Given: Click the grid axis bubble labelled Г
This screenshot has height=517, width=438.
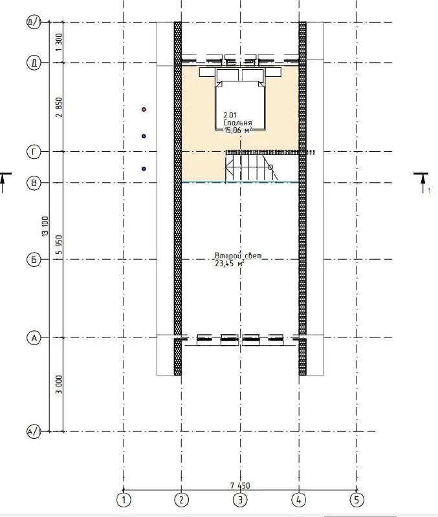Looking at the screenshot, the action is coord(34,152).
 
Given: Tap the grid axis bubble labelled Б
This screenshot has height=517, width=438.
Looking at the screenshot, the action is coord(34,260).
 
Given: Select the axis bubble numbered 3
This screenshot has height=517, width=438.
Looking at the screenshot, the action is coord(240,500).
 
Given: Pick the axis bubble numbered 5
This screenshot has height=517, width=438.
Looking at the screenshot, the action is coord(356,500).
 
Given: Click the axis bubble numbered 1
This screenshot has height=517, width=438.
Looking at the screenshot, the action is coord(124,500).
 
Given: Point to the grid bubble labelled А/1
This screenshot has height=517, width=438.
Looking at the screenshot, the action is coord(34,431).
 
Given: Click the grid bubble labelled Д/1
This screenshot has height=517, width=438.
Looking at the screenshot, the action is coord(34,23).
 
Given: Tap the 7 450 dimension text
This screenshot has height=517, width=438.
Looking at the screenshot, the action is coord(240,485).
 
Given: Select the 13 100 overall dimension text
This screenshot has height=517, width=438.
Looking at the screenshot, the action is coord(45,226).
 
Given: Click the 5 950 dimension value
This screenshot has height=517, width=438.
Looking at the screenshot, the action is coord(59,244).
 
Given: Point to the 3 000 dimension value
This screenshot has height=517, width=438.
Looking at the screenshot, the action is coord(59,385).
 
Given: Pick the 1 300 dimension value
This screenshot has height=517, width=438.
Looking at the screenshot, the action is coord(59,42).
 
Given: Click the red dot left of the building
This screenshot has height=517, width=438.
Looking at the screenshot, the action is coord(144,109).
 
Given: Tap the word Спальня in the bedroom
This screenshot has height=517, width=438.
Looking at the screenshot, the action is coord(237,123).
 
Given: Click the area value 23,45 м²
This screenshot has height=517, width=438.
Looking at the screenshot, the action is coord(230,263).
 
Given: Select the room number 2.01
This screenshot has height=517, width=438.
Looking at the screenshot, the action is coord(230,116).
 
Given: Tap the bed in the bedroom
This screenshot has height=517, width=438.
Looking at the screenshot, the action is coord(240,100).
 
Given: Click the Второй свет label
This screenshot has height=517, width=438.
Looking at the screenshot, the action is coord(238,256).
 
